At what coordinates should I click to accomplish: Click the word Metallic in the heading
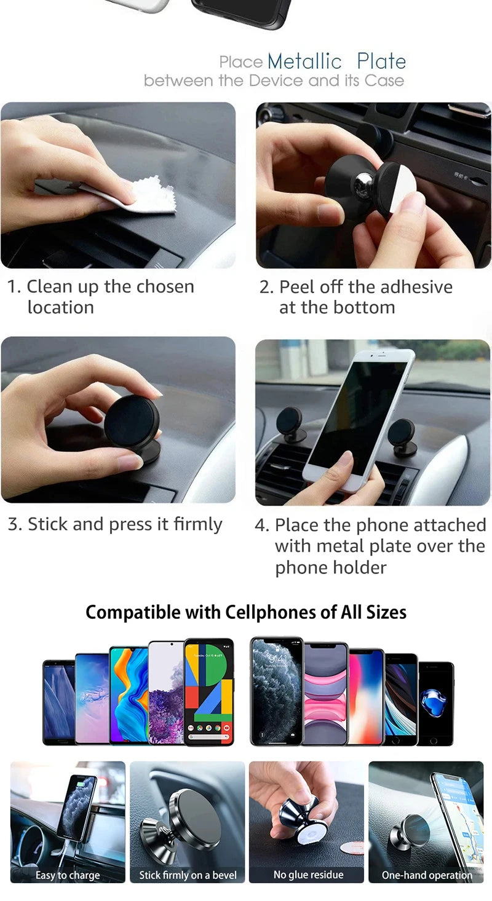(x=304, y=61)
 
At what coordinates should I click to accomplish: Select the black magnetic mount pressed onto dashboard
(x=132, y=422)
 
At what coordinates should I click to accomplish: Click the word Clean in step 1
(x=49, y=287)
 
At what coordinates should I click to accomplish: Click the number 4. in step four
(x=263, y=525)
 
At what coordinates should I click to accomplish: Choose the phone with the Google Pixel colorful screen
(x=209, y=691)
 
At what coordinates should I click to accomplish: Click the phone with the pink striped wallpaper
(x=325, y=693)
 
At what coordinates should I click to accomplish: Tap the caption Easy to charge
(x=68, y=875)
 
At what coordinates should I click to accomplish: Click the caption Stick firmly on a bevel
(x=188, y=875)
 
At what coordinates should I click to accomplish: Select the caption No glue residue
(x=308, y=875)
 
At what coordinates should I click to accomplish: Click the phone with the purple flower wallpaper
(x=165, y=693)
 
